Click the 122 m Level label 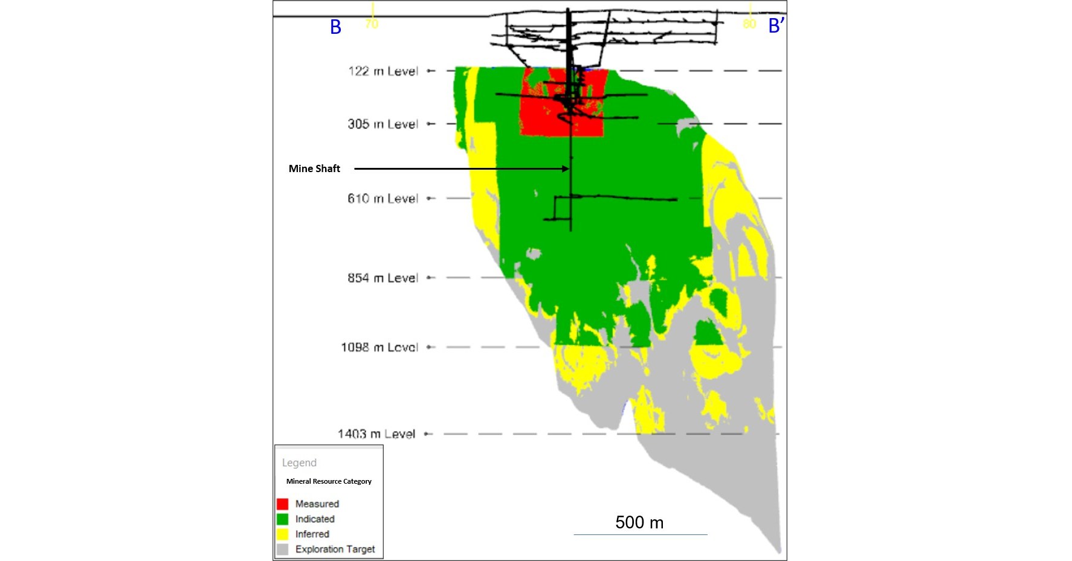point(383,71)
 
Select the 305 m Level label point(383,124)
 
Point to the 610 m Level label point(383,199)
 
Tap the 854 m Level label point(383,278)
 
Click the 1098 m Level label point(379,347)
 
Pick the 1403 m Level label point(376,434)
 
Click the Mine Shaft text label point(314,168)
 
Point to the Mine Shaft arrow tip point(568,168)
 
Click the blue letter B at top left point(335,27)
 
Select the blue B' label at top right point(776,26)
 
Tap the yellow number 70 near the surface point(372,24)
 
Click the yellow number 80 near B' point(749,24)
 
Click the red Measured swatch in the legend point(282,504)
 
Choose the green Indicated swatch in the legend point(282,519)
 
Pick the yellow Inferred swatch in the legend point(282,534)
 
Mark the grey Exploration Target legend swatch point(282,549)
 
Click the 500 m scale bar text point(639,522)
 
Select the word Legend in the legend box point(299,463)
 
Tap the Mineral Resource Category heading point(329,481)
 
